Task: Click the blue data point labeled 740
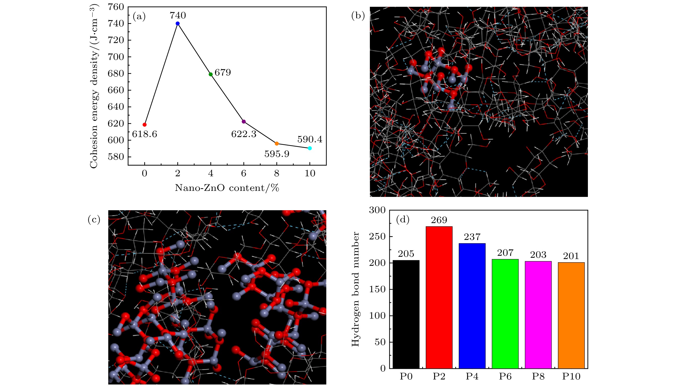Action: click(x=178, y=24)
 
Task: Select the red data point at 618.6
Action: click(x=145, y=125)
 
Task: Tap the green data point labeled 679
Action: click(x=211, y=74)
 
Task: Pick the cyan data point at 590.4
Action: click(x=310, y=148)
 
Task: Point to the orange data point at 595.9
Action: click(x=277, y=144)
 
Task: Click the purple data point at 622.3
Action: click(x=244, y=122)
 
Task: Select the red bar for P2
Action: click(x=439, y=297)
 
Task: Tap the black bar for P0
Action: click(x=406, y=314)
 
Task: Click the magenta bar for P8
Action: click(x=538, y=315)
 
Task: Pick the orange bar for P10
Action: click(x=571, y=315)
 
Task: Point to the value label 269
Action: click(x=439, y=220)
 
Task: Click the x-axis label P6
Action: click(x=505, y=376)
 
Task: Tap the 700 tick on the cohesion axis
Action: click(x=116, y=57)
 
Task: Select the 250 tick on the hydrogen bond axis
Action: click(x=377, y=236)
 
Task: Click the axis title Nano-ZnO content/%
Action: click(x=227, y=188)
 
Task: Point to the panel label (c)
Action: click(x=94, y=220)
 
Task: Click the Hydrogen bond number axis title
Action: click(x=355, y=289)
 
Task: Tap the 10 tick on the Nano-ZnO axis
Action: click(x=310, y=173)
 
